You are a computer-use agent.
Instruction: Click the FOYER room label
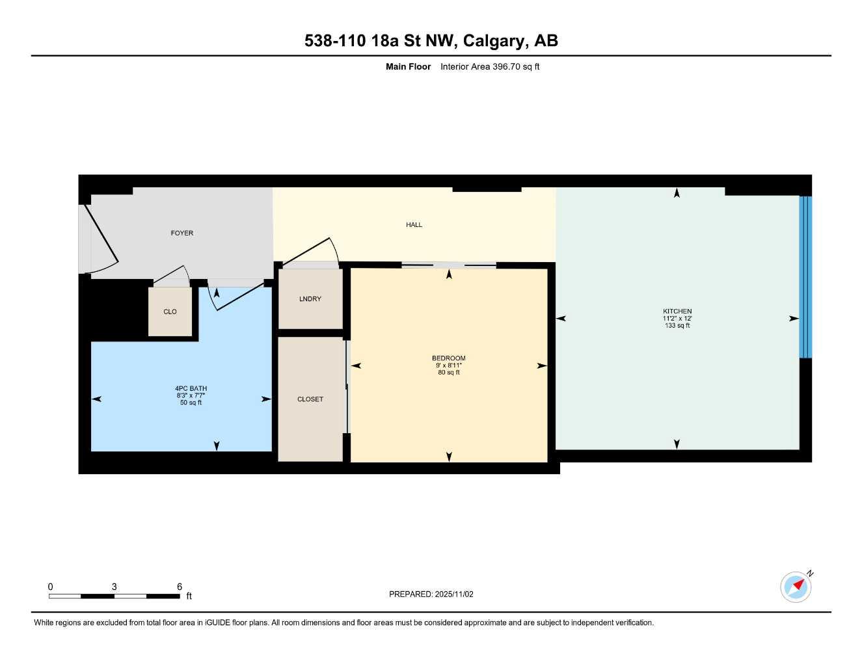[x=182, y=233]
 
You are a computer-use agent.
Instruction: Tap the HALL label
[x=414, y=225]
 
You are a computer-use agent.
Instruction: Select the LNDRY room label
[x=310, y=299]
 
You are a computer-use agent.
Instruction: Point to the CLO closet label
[x=170, y=312]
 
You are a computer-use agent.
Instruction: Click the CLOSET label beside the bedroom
[x=310, y=399]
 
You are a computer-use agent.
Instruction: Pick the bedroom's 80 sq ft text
[x=449, y=373]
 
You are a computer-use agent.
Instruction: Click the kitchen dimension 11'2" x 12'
[x=677, y=319]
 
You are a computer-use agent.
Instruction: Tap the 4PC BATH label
[x=191, y=389]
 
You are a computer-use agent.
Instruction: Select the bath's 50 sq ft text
[x=191, y=403]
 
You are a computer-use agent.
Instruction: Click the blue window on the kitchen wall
[x=805, y=276]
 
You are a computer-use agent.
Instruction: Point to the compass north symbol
[x=796, y=586]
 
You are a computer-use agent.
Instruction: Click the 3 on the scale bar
[x=114, y=587]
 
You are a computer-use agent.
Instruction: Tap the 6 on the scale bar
[x=180, y=587]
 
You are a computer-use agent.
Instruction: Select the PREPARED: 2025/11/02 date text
[x=431, y=594]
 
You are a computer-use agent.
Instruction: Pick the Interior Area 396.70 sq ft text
[x=490, y=66]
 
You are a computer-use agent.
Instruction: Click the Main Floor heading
[x=408, y=66]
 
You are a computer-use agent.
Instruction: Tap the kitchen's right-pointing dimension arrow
[x=794, y=319]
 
